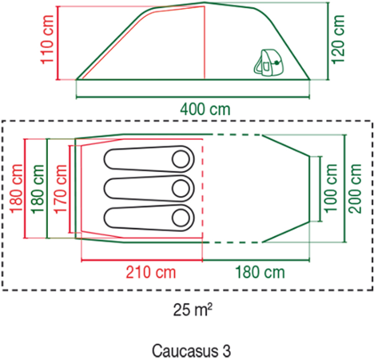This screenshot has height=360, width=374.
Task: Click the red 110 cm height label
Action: coord(47,39)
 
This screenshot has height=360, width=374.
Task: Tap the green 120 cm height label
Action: coord(337,39)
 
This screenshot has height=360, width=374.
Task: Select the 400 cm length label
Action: coord(205,110)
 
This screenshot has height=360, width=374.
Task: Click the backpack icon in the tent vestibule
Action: coord(269,62)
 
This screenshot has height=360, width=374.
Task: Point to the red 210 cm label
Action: coord(151,272)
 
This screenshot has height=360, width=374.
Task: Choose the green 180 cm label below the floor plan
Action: coord(260,272)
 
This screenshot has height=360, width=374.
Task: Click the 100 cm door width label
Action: coord(331,188)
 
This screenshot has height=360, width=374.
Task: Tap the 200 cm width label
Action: coord(356,188)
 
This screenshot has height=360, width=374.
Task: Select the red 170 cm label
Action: coord(60,189)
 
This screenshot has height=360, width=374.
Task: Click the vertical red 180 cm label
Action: coord(16,189)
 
